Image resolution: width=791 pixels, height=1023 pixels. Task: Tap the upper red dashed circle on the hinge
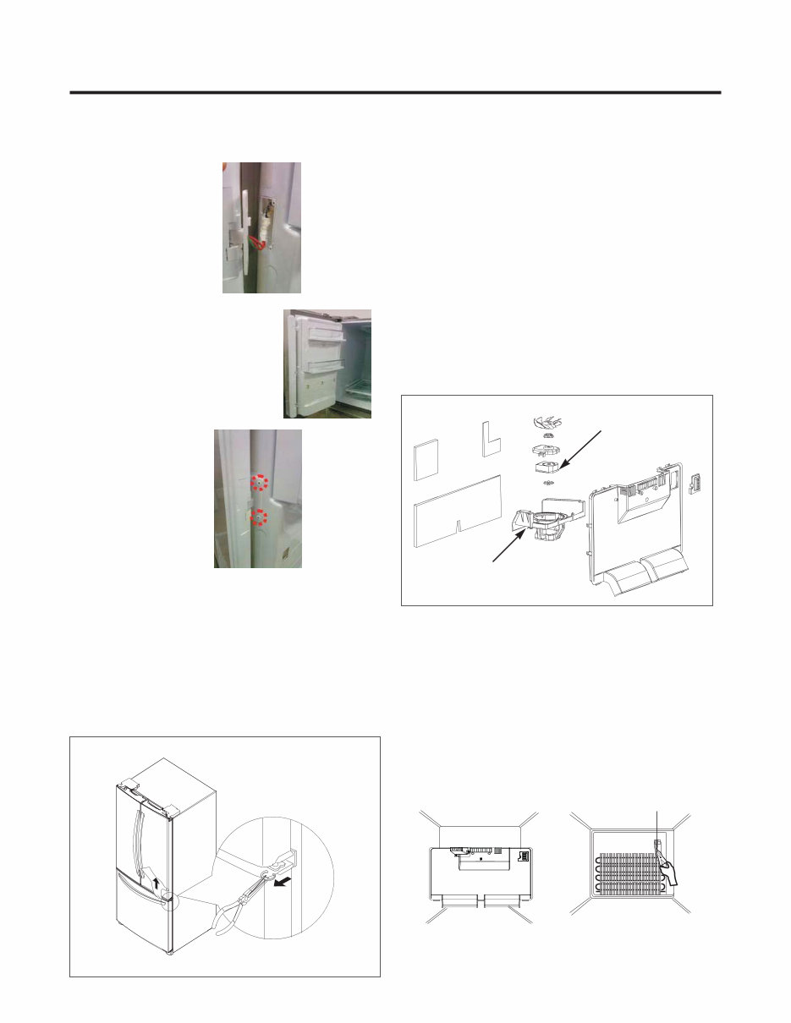coord(262,483)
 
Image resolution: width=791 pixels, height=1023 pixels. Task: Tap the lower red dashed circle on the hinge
coord(261,517)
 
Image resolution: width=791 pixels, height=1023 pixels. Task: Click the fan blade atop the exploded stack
coord(547,423)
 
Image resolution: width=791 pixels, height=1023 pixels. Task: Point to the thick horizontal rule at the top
coord(395,92)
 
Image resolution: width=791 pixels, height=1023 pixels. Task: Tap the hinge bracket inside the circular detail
coord(285,861)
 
